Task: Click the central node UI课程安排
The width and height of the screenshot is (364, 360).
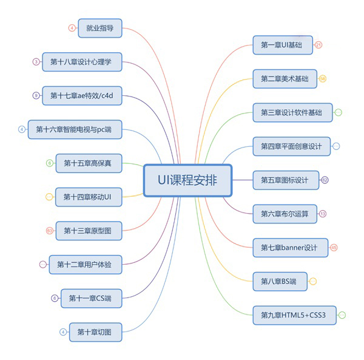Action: point(187,180)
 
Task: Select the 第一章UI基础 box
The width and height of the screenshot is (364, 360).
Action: point(283,45)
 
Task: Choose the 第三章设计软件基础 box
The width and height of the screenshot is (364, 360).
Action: point(292,112)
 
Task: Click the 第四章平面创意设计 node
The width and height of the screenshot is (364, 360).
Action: point(291,146)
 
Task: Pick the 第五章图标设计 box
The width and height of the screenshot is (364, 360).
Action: point(285,180)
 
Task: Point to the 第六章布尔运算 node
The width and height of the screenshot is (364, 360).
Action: point(285,214)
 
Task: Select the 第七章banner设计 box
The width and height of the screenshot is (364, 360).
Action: point(290,248)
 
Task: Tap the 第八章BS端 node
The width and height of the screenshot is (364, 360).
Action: point(280,281)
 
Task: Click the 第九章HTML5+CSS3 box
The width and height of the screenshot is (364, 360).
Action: point(294,315)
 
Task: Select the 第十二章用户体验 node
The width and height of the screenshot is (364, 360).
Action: point(89,264)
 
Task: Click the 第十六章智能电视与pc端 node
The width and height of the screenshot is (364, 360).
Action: point(78,129)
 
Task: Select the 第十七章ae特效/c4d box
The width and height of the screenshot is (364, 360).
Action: point(83,95)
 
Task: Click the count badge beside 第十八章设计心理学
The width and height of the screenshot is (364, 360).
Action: point(36,61)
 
